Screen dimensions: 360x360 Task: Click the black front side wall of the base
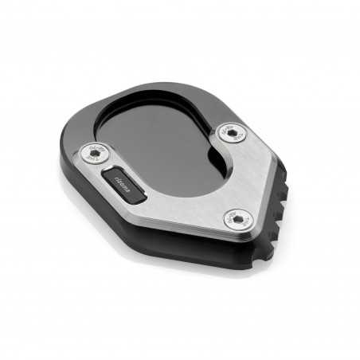[x=159, y=239]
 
